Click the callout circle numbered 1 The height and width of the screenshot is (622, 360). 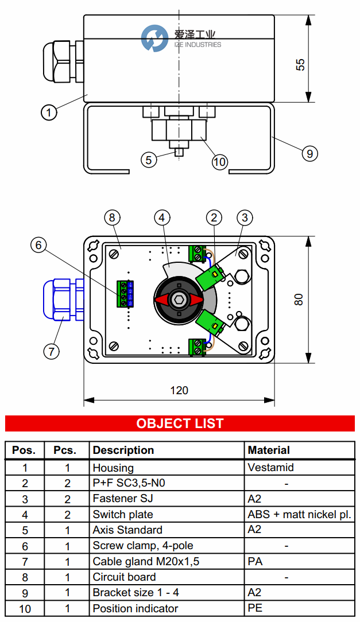49,113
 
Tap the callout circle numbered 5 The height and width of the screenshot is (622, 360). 149,160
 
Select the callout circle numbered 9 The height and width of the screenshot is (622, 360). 309,153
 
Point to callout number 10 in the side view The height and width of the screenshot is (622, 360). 219,162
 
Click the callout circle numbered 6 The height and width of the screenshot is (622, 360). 38,246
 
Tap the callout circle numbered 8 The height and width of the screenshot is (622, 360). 113,217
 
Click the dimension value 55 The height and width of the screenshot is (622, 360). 300,64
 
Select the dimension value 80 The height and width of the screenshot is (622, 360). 298,299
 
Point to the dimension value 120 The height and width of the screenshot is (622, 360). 179,390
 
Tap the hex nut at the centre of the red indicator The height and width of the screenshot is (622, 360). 180,300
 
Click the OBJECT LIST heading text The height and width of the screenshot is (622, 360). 180,423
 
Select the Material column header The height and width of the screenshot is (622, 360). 269,450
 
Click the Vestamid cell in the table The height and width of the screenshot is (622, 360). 270,468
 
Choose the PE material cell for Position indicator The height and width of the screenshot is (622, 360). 255,608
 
